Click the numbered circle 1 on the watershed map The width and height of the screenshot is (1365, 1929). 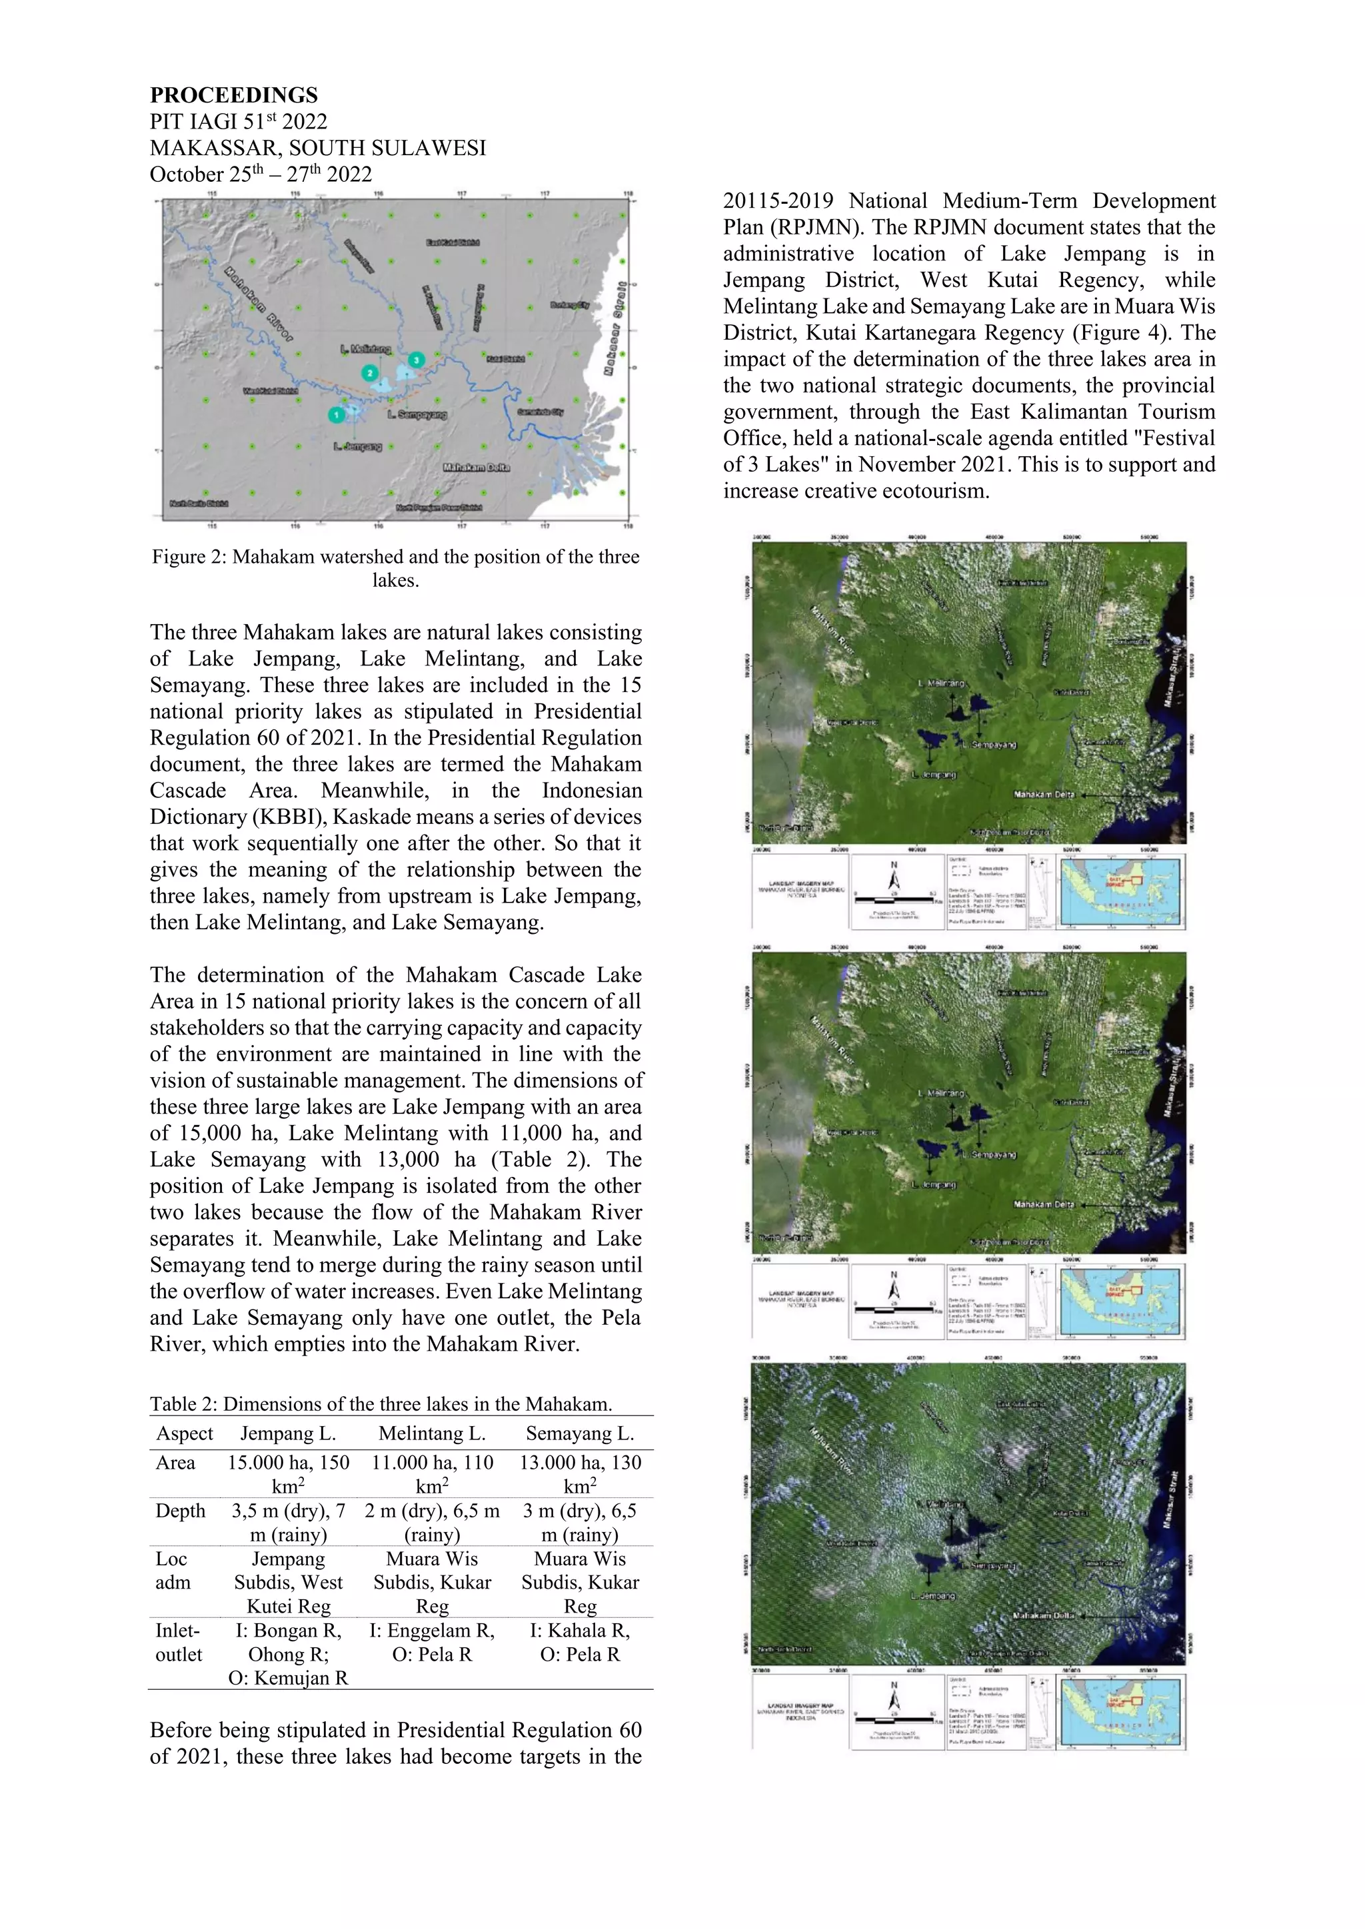point(335,414)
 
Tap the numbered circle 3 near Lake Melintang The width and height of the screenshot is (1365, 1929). point(415,360)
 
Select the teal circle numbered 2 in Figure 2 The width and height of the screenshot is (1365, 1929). point(370,372)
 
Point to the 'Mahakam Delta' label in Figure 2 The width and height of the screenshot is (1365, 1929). point(476,467)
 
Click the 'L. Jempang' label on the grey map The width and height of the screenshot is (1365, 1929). point(358,446)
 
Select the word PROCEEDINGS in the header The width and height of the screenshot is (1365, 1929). point(234,95)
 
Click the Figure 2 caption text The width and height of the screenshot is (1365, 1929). point(395,568)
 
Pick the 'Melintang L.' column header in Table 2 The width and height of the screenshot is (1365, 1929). point(432,1433)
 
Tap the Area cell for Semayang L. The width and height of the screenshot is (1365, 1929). point(580,1473)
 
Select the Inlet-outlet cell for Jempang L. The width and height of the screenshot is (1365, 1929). point(289,1655)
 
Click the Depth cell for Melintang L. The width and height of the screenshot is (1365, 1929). point(432,1523)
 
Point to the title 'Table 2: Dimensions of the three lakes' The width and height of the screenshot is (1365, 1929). point(380,1404)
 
